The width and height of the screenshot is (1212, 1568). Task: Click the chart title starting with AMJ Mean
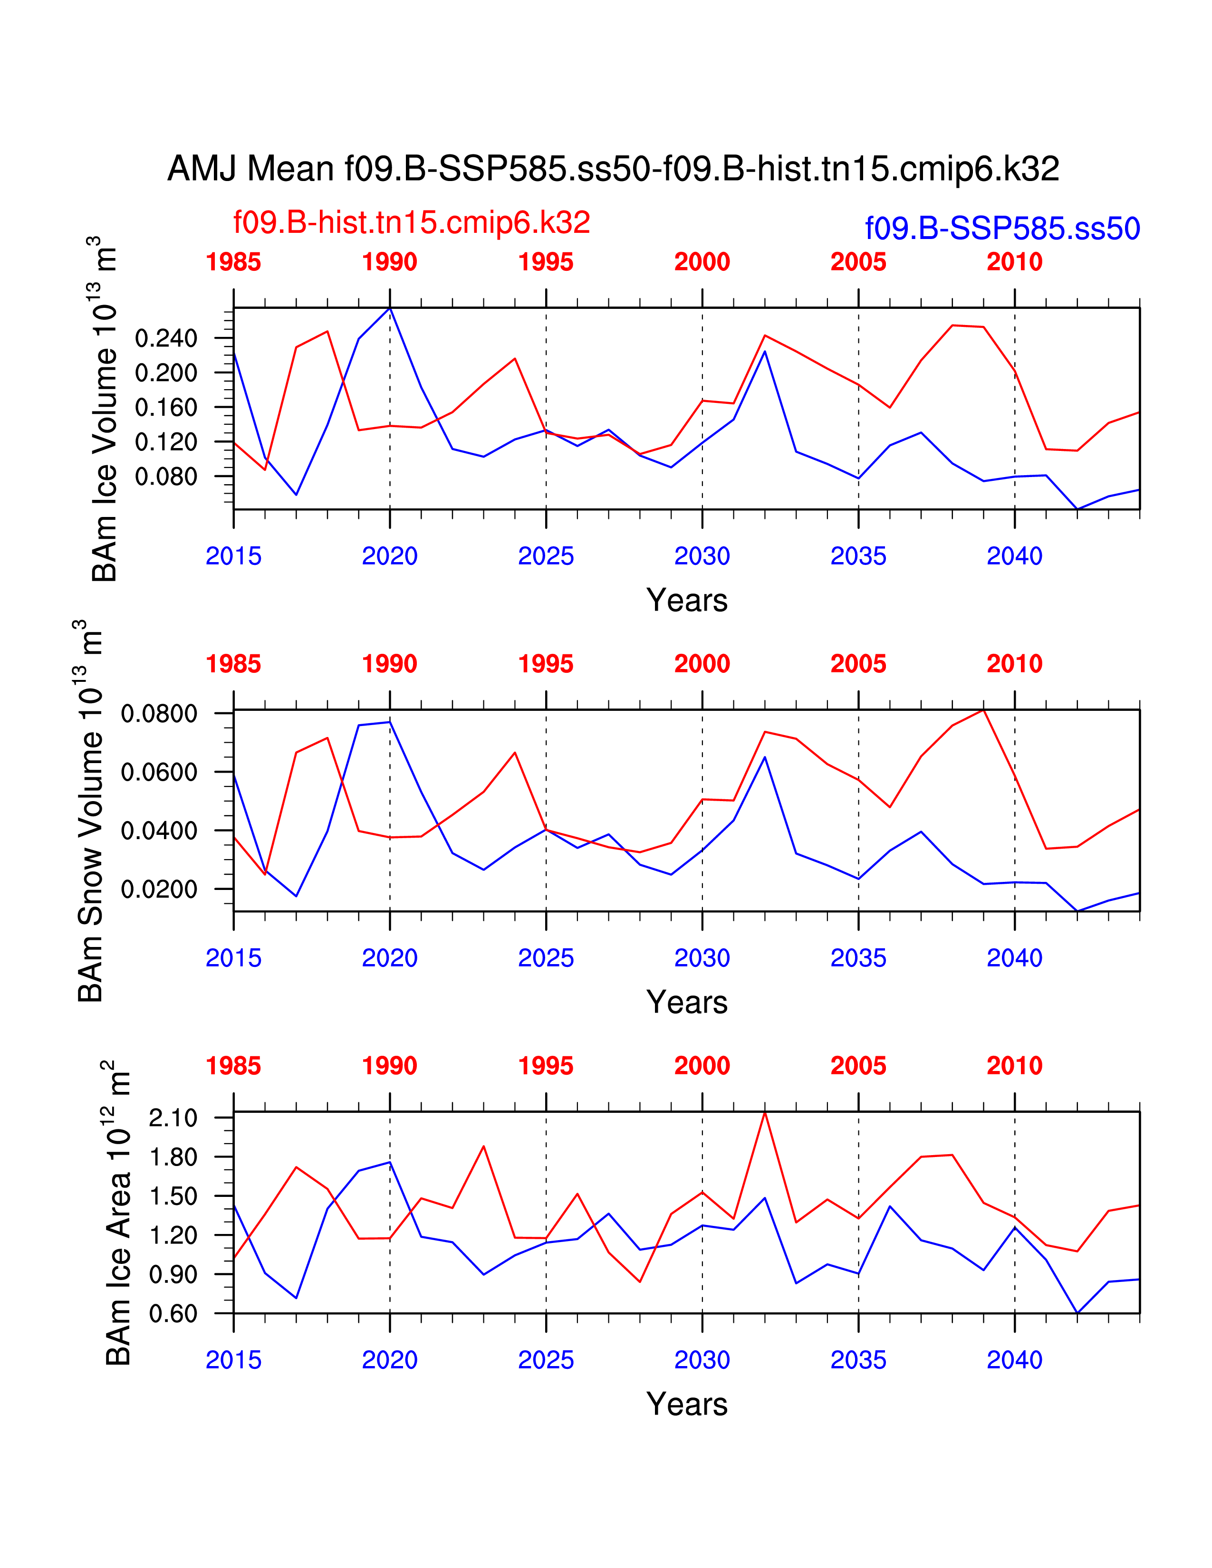click(613, 170)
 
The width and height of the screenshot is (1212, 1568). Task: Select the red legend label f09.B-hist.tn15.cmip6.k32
click(412, 222)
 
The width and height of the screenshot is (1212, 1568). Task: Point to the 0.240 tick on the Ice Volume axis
click(166, 338)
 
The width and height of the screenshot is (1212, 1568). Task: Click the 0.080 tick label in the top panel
click(166, 477)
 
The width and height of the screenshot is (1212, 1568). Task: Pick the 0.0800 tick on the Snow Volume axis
click(159, 714)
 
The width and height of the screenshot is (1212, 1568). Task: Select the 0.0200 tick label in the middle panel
click(159, 889)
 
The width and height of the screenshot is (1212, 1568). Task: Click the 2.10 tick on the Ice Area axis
click(173, 1118)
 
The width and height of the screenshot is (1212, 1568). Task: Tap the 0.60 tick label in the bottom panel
click(173, 1314)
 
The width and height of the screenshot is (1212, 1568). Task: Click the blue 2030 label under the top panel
click(702, 556)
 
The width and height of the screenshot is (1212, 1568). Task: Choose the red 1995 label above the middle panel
click(546, 664)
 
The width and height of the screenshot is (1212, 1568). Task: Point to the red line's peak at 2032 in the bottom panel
click(765, 1112)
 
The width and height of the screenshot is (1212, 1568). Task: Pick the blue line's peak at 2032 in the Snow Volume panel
click(765, 757)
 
